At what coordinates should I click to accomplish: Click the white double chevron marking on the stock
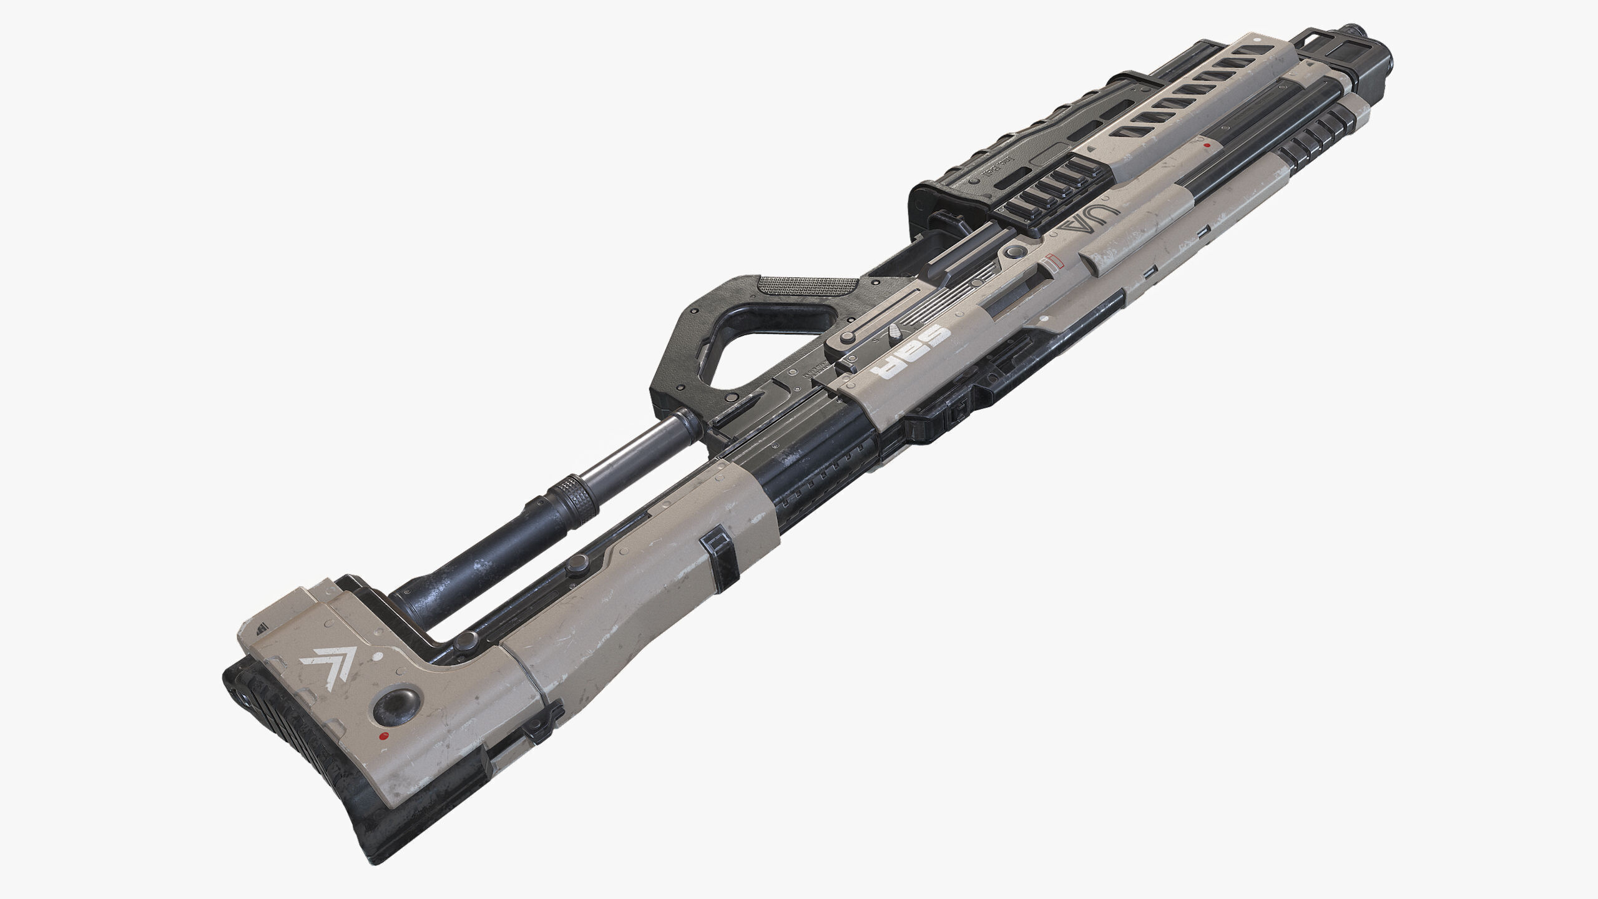328,661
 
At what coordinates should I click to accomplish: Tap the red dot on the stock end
385,737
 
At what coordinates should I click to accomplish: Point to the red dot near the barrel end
1207,145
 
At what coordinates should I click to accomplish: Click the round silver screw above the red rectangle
1014,252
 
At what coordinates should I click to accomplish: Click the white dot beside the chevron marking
378,656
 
